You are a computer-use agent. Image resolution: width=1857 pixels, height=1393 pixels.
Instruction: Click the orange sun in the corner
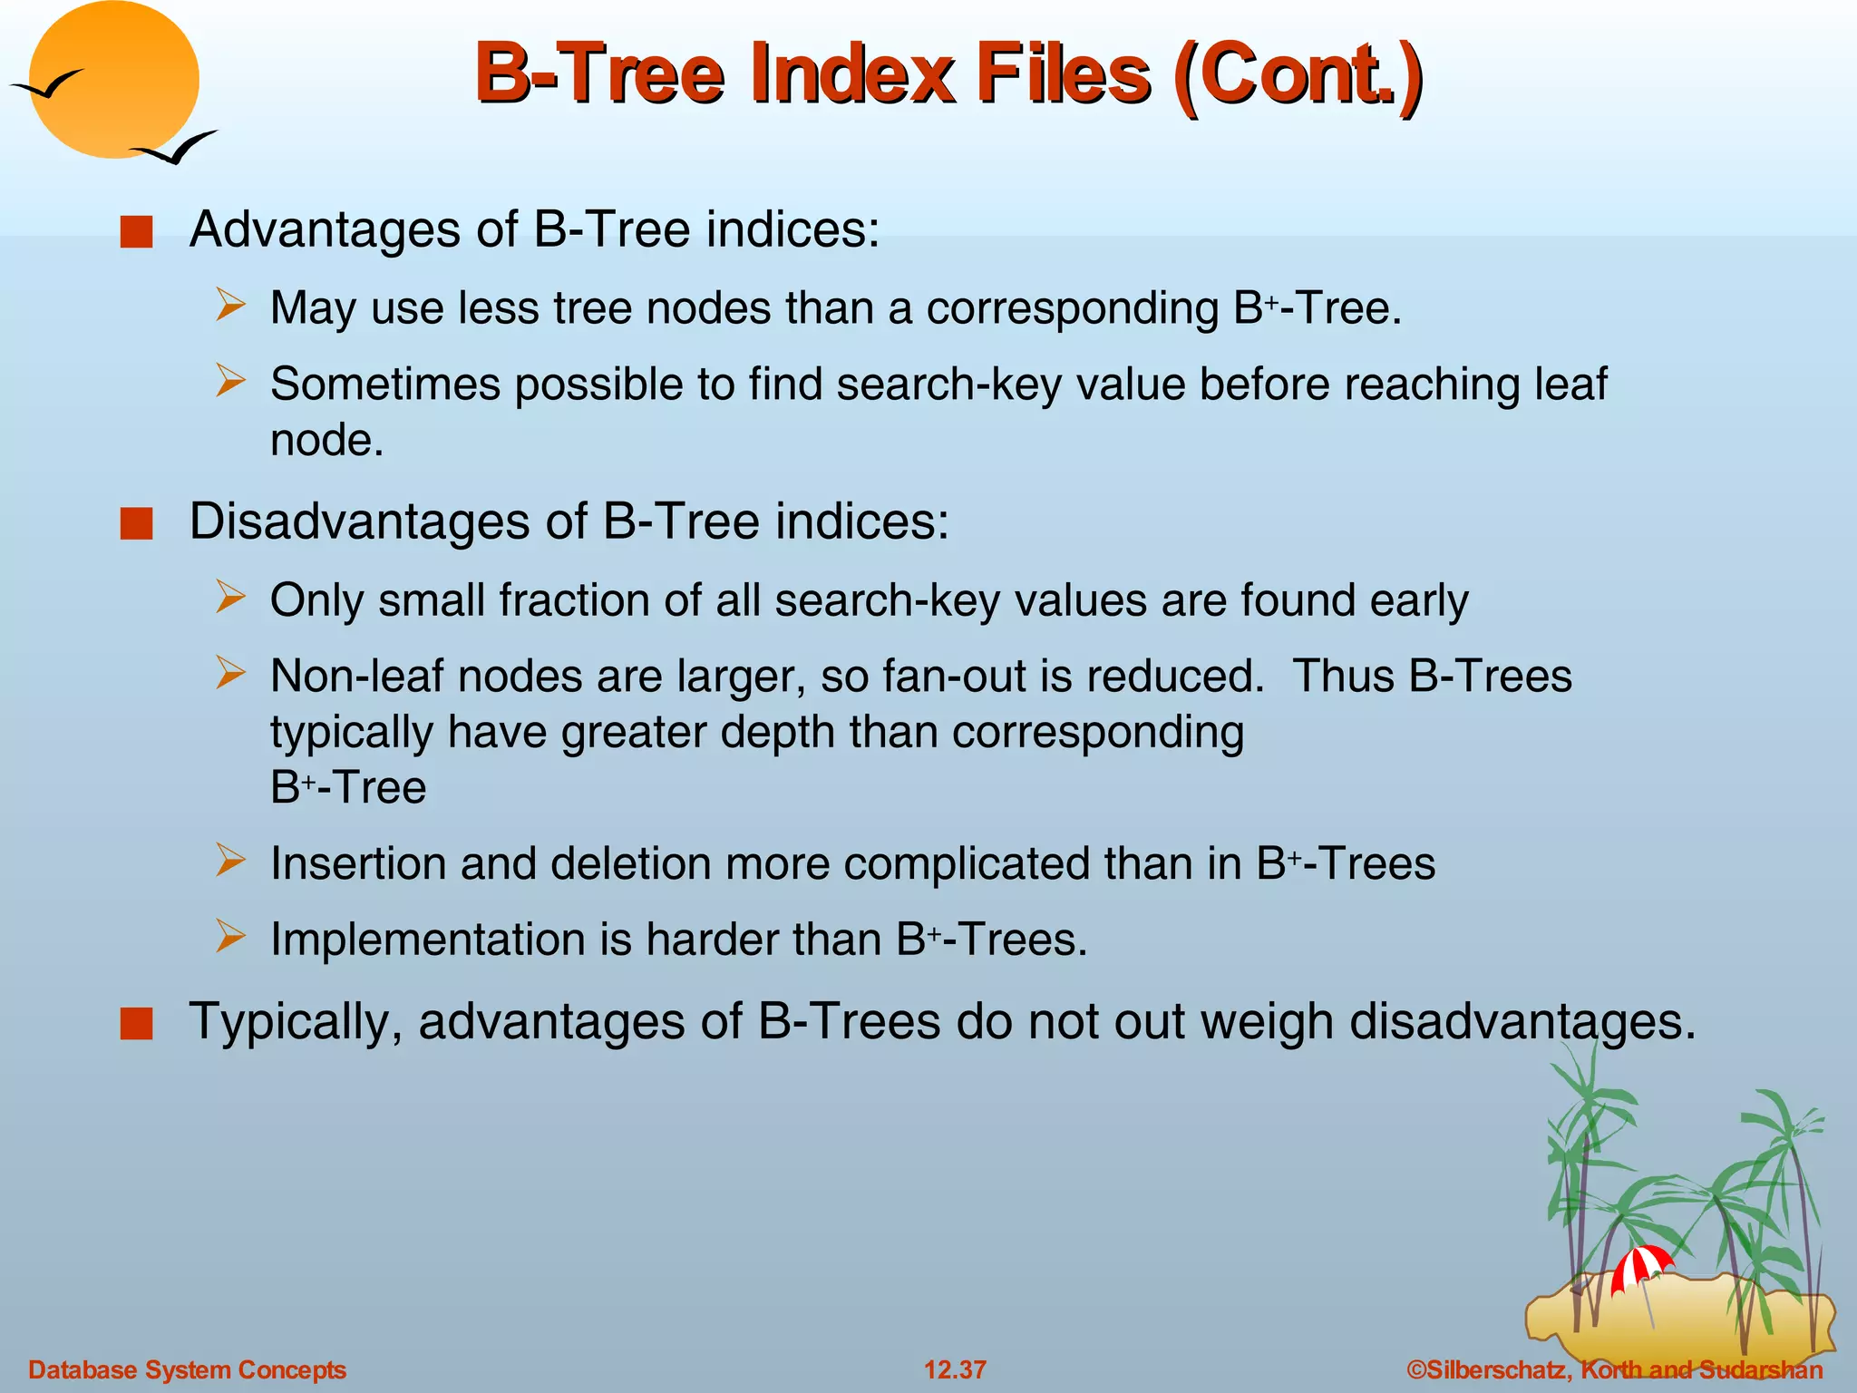(113, 80)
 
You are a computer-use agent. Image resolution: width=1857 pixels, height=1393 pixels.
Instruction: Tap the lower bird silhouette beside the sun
(176, 149)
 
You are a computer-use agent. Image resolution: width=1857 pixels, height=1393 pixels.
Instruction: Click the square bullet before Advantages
(136, 232)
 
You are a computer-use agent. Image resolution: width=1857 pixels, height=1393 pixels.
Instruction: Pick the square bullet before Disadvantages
(136, 524)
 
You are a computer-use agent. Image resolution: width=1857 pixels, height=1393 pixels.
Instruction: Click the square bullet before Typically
(136, 1024)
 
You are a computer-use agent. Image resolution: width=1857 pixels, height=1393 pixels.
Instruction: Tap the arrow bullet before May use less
(230, 305)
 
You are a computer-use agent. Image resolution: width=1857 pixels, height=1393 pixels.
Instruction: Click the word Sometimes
(385, 384)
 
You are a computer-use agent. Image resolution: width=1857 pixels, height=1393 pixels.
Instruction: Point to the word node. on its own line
(327, 441)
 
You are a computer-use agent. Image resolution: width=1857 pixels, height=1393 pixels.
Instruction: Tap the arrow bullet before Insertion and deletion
(230, 860)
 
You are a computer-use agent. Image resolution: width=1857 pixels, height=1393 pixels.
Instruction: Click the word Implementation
(427, 940)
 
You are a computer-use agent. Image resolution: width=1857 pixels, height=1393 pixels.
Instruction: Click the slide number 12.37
(955, 1369)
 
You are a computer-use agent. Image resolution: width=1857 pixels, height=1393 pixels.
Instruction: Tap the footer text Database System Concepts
(188, 1369)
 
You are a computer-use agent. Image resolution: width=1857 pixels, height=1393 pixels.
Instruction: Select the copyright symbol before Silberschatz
(1416, 1369)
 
